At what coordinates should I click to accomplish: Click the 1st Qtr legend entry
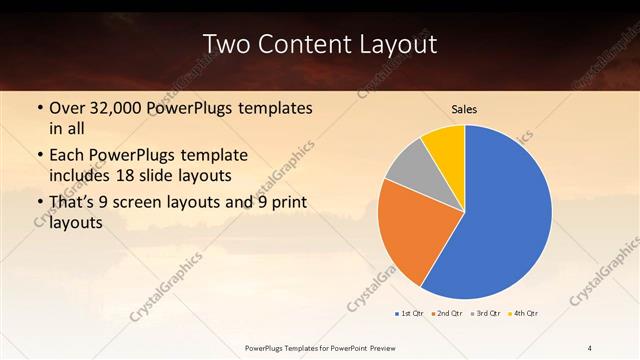pyautogui.click(x=410, y=314)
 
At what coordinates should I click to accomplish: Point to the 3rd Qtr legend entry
pyautogui.click(x=485, y=314)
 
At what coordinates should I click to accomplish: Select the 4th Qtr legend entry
pyautogui.click(x=523, y=314)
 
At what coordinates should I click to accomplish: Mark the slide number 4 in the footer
pyautogui.click(x=590, y=347)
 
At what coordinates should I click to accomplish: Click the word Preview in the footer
pyautogui.click(x=404, y=347)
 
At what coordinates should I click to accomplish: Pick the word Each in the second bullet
pyautogui.click(x=67, y=156)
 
